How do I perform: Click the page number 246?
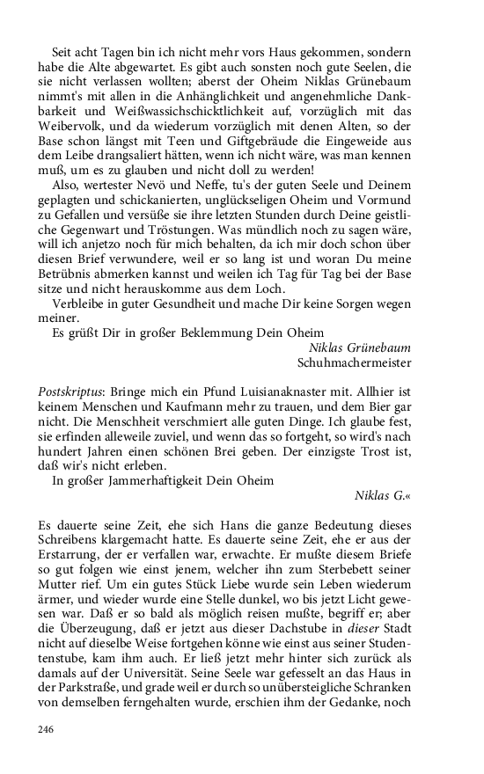point(47,728)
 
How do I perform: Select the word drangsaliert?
point(136,155)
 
